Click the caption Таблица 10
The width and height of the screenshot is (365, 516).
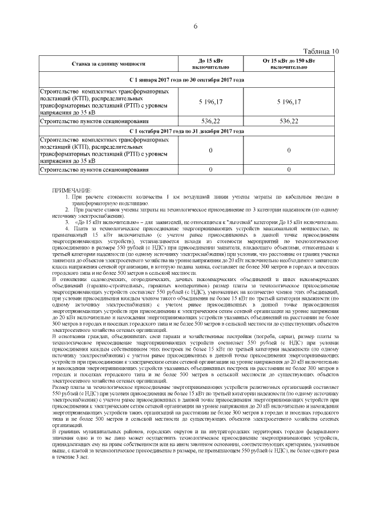pyautogui.click(x=322, y=51)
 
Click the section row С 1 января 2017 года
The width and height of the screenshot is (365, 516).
pyautogui.click(x=186, y=80)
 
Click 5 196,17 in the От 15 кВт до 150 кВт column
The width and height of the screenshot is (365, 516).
pyautogui.click(x=289, y=101)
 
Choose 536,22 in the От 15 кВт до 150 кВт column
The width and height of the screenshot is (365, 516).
pyautogui.click(x=289, y=121)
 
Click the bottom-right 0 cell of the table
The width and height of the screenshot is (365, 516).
pyautogui.click(x=289, y=170)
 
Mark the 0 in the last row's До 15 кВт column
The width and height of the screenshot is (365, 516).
pyautogui.click(x=210, y=170)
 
